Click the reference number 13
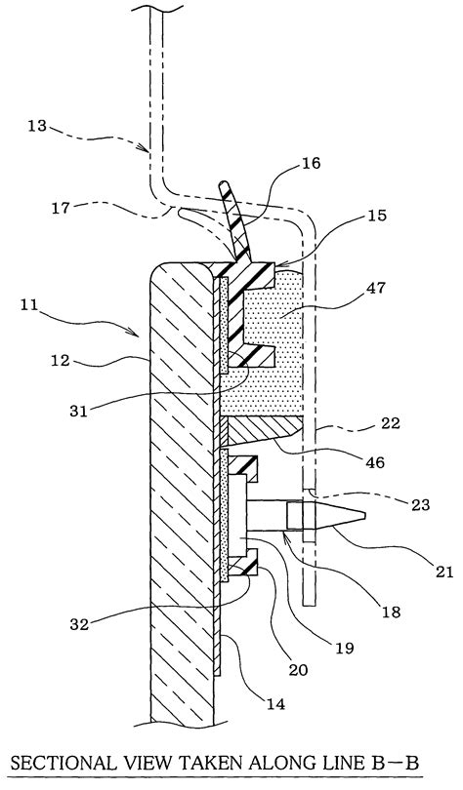tap(36, 125)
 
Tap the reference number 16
tap(312, 163)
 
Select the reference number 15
tap(377, 216)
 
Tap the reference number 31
tap(78, 411)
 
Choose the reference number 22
tap(391, 422)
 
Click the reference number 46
tap(374, 461)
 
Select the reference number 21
tap(443, 572)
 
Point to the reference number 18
tap(392, 611)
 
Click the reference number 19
tap(345, 647)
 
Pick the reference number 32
tap(79, 625)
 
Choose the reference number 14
tap(275, 703)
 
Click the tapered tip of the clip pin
tap(364, 515)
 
